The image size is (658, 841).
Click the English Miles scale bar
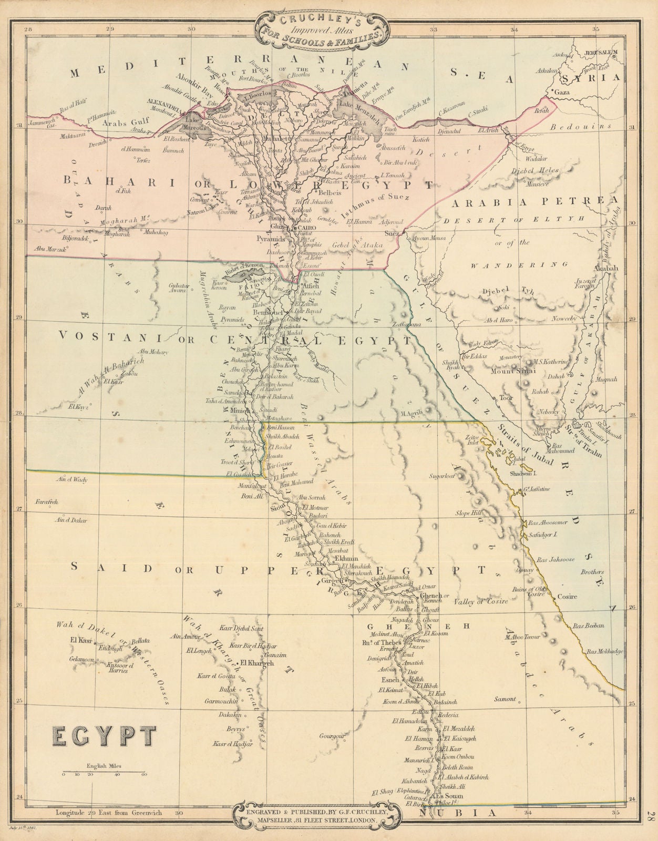[105, 773]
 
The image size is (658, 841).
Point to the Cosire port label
[567, 596]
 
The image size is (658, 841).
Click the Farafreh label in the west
[46, 502]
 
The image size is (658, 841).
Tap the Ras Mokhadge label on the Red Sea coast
[604, 651]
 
